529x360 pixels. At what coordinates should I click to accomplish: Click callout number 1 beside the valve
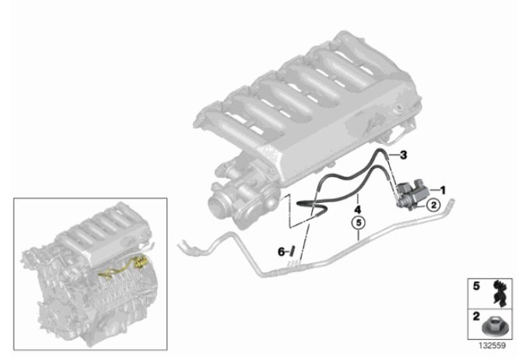pyautogui.click(x=443, y=190)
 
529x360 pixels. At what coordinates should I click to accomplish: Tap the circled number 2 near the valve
pyautogui.click(x=433, y=204)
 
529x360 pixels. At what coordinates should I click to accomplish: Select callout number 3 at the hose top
pyautogui.click(x=403, y=156)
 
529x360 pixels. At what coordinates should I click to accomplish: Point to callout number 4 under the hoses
pyautogui.click(x=358, y=210)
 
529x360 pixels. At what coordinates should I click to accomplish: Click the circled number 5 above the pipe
pyautogui.click(x=359, y=223)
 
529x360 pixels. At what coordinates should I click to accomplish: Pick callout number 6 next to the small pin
pyautogui.click(x=281, y=251)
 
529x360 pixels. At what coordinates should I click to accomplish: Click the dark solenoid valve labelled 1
pyautogui.click(x=412, y=195)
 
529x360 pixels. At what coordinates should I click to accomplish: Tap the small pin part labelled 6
pyautogui.click(x=293, y=251)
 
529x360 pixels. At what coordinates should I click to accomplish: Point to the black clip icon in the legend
pyautogui.click(x=499, y=293)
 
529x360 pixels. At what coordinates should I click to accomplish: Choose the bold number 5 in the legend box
pyautogui.click(x=476, y=286)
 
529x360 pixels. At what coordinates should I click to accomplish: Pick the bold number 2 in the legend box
pyautogui.click(x=476, y=316)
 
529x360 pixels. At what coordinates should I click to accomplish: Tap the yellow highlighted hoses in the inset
pyautogui.click(x=123, y=266)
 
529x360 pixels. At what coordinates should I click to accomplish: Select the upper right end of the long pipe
pyautogui.click(x=450, y=203)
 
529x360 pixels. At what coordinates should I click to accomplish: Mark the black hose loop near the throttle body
pyautogui.click(x=312, y=206)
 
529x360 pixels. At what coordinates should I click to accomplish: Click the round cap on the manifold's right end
pyautogui.click(x=400, y=108)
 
